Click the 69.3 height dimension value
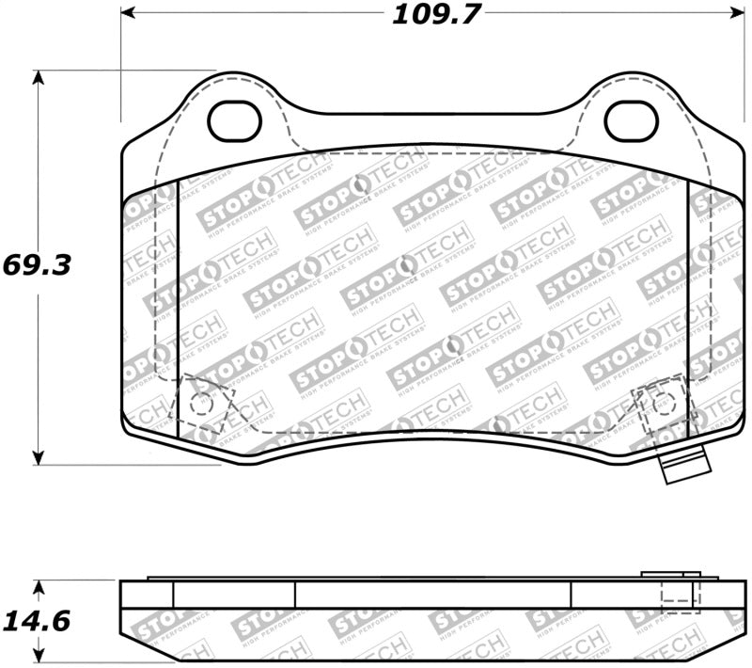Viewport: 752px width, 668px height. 37,264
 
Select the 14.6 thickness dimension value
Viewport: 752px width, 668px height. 37,622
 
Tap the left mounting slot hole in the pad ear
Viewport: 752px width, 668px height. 233,121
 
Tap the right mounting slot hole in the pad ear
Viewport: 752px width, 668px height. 630,120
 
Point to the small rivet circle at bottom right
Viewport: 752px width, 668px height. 665,402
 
